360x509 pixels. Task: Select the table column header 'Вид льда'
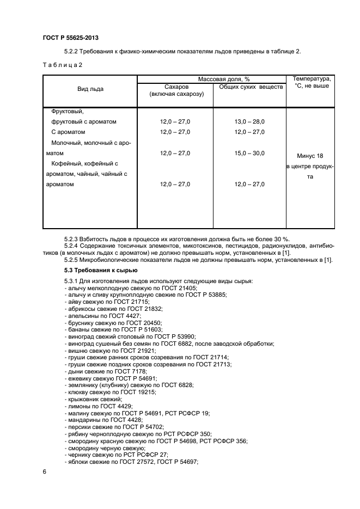point(90,89)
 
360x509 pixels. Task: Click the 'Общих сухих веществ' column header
point(251,87)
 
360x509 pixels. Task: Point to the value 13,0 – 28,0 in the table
point(249,122)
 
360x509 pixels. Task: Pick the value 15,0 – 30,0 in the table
point(249,154)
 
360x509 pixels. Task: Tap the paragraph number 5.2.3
point(73,239)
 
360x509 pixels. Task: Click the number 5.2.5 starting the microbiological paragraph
point(73,259)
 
